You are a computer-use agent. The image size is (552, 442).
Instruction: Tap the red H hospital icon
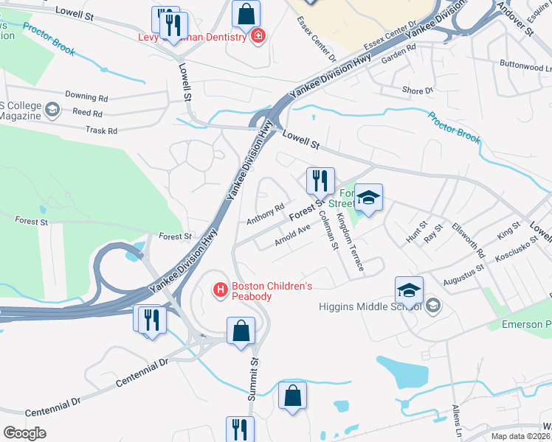pyautogui.click(x=219, y=291)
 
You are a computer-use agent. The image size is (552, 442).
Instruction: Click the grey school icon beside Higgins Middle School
pyautogui.click(x=433, y=305)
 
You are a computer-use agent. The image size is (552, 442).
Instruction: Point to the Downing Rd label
pyautogui.click(x=86, y=97)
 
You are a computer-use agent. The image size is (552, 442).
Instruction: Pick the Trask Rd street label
pyautogui.click(x=102, y=130)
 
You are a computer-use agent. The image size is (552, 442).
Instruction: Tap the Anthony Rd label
pyautogui.click(x=266, y=214)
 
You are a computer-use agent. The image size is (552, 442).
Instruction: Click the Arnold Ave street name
pyautogui.click(x=291, y=235)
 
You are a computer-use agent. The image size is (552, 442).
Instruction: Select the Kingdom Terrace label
pyautogui.click(x=350, y=242)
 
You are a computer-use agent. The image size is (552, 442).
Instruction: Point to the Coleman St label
pyautogui.click(x=325, y=229)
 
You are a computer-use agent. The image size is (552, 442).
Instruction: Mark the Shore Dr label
pyautogui.click(x=418, y=91)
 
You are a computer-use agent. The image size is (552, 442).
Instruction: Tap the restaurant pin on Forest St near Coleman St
pyautogui.click(x=320, y=180)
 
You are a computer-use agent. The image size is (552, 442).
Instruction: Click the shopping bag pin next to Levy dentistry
pyautogui.click(x=246, y=13)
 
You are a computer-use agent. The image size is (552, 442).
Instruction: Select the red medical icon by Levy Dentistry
pyautogui.click(x=258, y=35)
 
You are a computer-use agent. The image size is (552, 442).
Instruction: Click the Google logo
pyautogui.click(x=24, y=432)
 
